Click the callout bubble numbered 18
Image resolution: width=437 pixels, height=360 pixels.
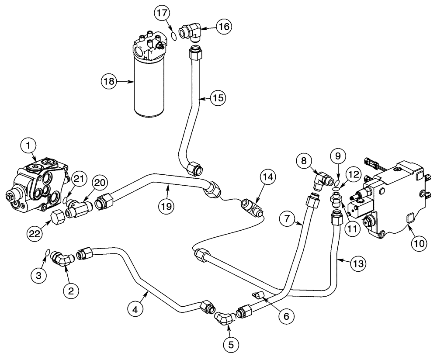pyautogui.click(x=109, y=81)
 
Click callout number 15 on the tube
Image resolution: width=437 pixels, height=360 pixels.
pyautogui.click(x=218, y=98)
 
